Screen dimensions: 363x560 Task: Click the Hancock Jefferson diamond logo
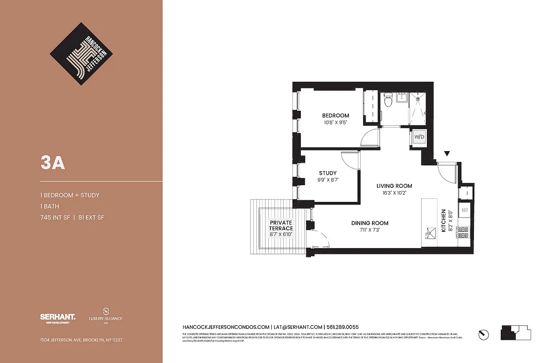click(82, 54)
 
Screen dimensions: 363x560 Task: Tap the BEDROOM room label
click(335, 116)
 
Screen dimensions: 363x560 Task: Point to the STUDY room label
click(328, 173)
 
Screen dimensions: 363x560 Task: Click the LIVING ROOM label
click(394, 186)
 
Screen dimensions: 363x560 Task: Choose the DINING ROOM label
click(370, 223)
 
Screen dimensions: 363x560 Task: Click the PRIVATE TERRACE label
click(281, 226)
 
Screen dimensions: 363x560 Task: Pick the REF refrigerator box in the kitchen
click(464, 210)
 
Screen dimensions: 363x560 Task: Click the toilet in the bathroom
click(388, 101)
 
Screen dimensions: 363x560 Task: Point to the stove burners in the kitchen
click(463, 233)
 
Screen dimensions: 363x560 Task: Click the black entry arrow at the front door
click(447, 154)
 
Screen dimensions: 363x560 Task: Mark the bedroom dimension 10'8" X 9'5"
click(335, 123)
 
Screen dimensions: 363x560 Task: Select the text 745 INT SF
click(54, 218)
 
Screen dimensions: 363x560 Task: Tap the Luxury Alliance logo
click(106, 315)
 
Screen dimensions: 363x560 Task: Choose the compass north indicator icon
click(484, 334)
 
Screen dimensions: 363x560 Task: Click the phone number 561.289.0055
click(343, 327)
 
